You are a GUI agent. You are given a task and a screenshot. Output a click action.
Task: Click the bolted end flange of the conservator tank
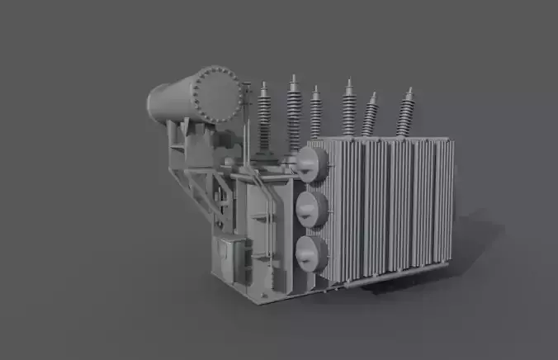(x=215, y=95)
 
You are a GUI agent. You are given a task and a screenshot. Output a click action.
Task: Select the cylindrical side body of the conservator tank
(x=170, y=101)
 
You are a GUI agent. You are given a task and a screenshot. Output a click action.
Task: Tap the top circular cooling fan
(x=312, y=164)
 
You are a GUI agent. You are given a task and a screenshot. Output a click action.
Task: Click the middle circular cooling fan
(x=312, y=209)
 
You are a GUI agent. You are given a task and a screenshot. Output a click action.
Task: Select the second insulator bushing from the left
(x=294, y=111)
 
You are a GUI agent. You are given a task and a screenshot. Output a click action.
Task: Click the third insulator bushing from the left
(x=315, y=114)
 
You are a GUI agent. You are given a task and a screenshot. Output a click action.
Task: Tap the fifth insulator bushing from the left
(x=370, y=116)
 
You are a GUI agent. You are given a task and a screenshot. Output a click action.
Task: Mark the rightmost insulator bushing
(x=404, y=114)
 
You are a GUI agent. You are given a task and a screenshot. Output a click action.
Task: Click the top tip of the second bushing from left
(x=293, y=77)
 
